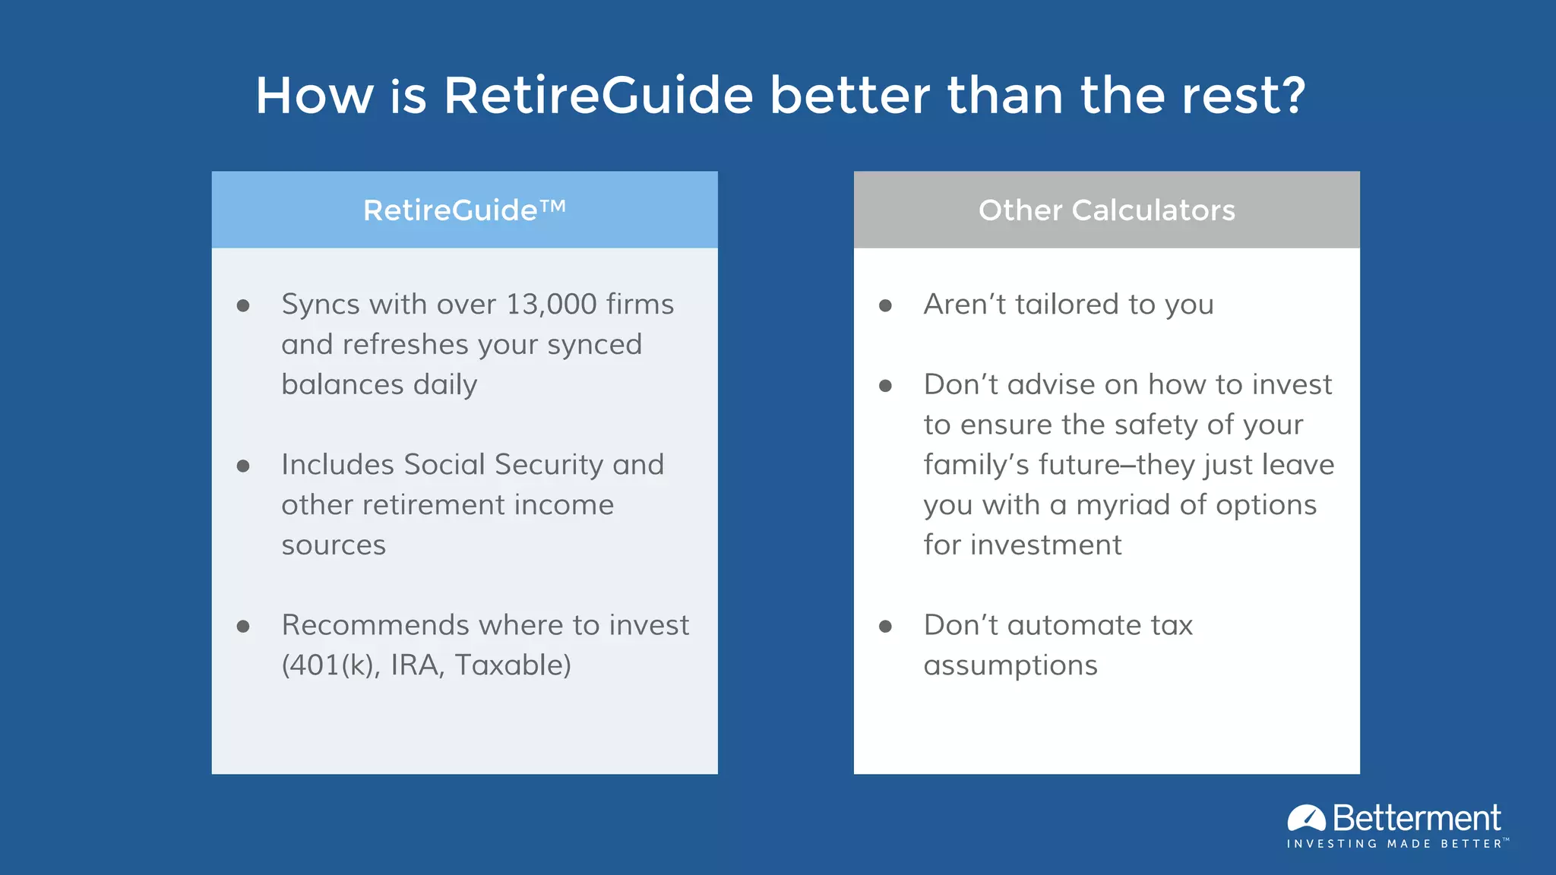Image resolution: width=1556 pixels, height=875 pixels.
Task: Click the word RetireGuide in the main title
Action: click(x=598, y=96)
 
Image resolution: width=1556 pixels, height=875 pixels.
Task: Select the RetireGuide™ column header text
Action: click(x=464, y=210)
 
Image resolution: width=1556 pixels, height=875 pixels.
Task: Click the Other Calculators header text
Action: click(x=1106, y=210)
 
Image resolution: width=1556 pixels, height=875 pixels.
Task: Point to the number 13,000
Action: click(x=551, y=305)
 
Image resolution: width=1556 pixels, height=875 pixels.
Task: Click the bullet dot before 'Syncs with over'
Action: click(x=243, y=306)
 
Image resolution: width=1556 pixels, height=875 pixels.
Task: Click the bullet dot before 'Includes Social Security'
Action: click(x=243, y=466)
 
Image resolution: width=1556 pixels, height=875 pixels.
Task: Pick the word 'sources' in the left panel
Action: click(x=334, y=545)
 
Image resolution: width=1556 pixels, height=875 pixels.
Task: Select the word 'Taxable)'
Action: click(x=513, y=665)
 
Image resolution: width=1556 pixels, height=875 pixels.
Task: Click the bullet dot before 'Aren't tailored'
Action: click(x=885, y=306)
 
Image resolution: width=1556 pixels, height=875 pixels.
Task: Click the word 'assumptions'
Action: click(x=1010, y=665)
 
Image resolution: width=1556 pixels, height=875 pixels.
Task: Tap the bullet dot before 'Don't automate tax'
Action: click(x=885, y=627)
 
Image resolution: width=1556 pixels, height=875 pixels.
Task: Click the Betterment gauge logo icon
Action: click(x=1306, y=818)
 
